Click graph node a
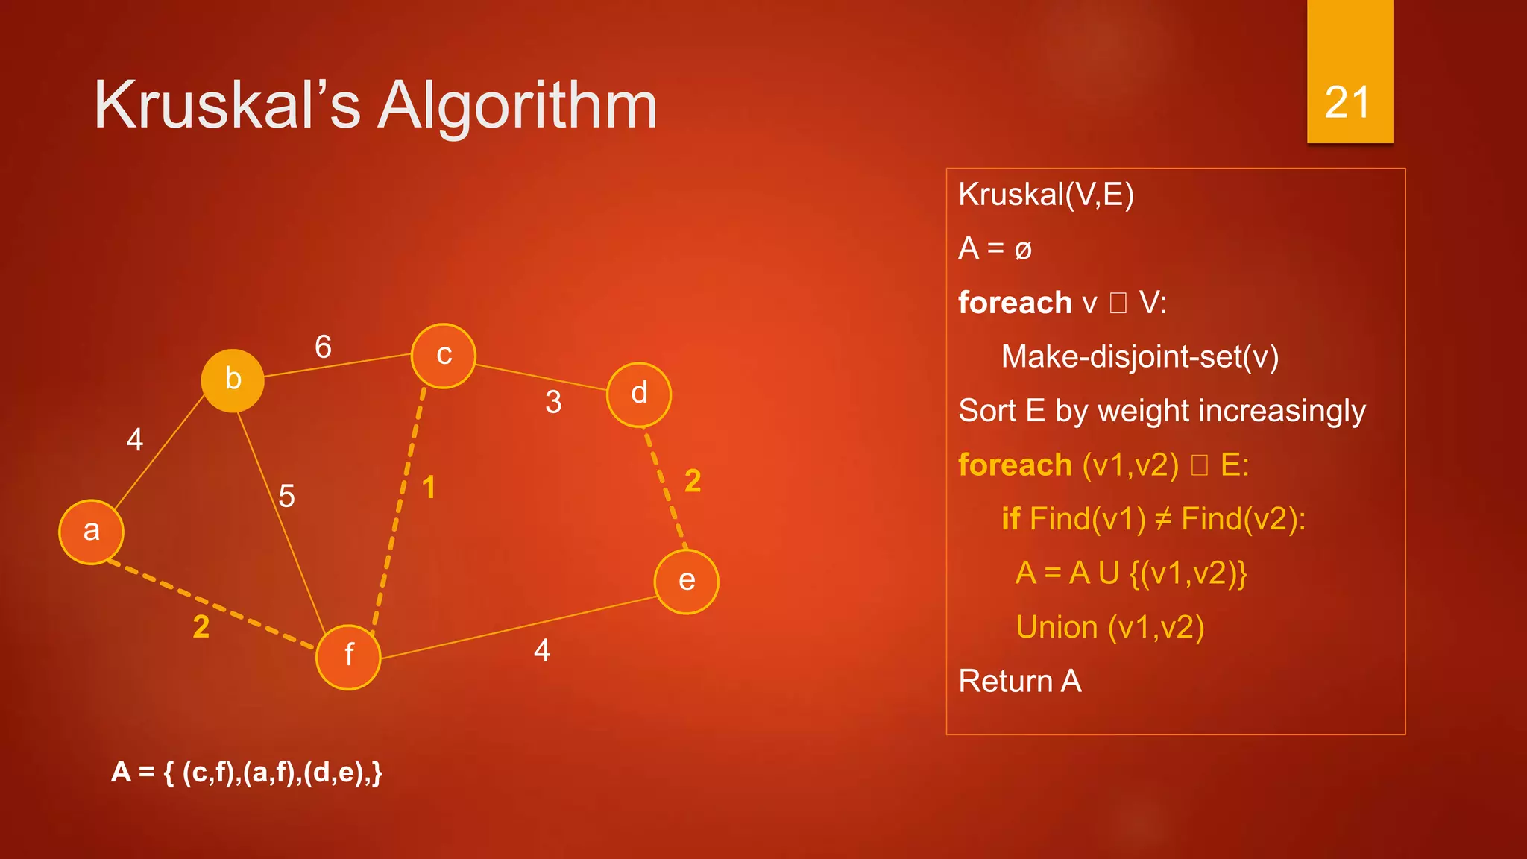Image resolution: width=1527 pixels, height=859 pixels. click(x=91, y=532)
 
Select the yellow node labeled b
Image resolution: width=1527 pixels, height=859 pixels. click(x=233, y=380)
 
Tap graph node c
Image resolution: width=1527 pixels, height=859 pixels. click(x=444, y=356)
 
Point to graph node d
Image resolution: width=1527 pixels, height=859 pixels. click(x=639, y=394)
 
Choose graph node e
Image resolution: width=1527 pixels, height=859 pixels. click(x=686, y=582)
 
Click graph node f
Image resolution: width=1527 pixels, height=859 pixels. click(x=348, y=656)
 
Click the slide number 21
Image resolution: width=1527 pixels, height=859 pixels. click(x=1347, y=102)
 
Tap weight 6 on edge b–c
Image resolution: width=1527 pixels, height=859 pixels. click(x=323, y=347)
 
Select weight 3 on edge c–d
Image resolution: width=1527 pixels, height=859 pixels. click(x=553, y=403)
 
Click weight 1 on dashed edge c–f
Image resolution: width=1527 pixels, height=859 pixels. click(x=429, y=488)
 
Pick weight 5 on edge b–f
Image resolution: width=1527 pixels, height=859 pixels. click(x=286, y=496)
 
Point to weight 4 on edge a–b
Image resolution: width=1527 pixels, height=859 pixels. click(x=135, y=440)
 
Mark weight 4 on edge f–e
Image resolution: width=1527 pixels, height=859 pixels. click(x=542, y=651)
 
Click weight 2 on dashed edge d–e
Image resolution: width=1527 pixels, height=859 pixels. click(x=693, y=481)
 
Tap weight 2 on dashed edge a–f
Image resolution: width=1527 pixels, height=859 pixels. click(x=201, y=626)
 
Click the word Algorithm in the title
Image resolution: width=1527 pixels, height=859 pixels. click(x=517, y=106)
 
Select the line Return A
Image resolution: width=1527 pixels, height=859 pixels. click(x=1019, y=681)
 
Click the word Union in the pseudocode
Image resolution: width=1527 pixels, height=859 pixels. click(x=1057, y=627)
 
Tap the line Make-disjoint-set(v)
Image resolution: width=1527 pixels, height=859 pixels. click(x=1139, y=356)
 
